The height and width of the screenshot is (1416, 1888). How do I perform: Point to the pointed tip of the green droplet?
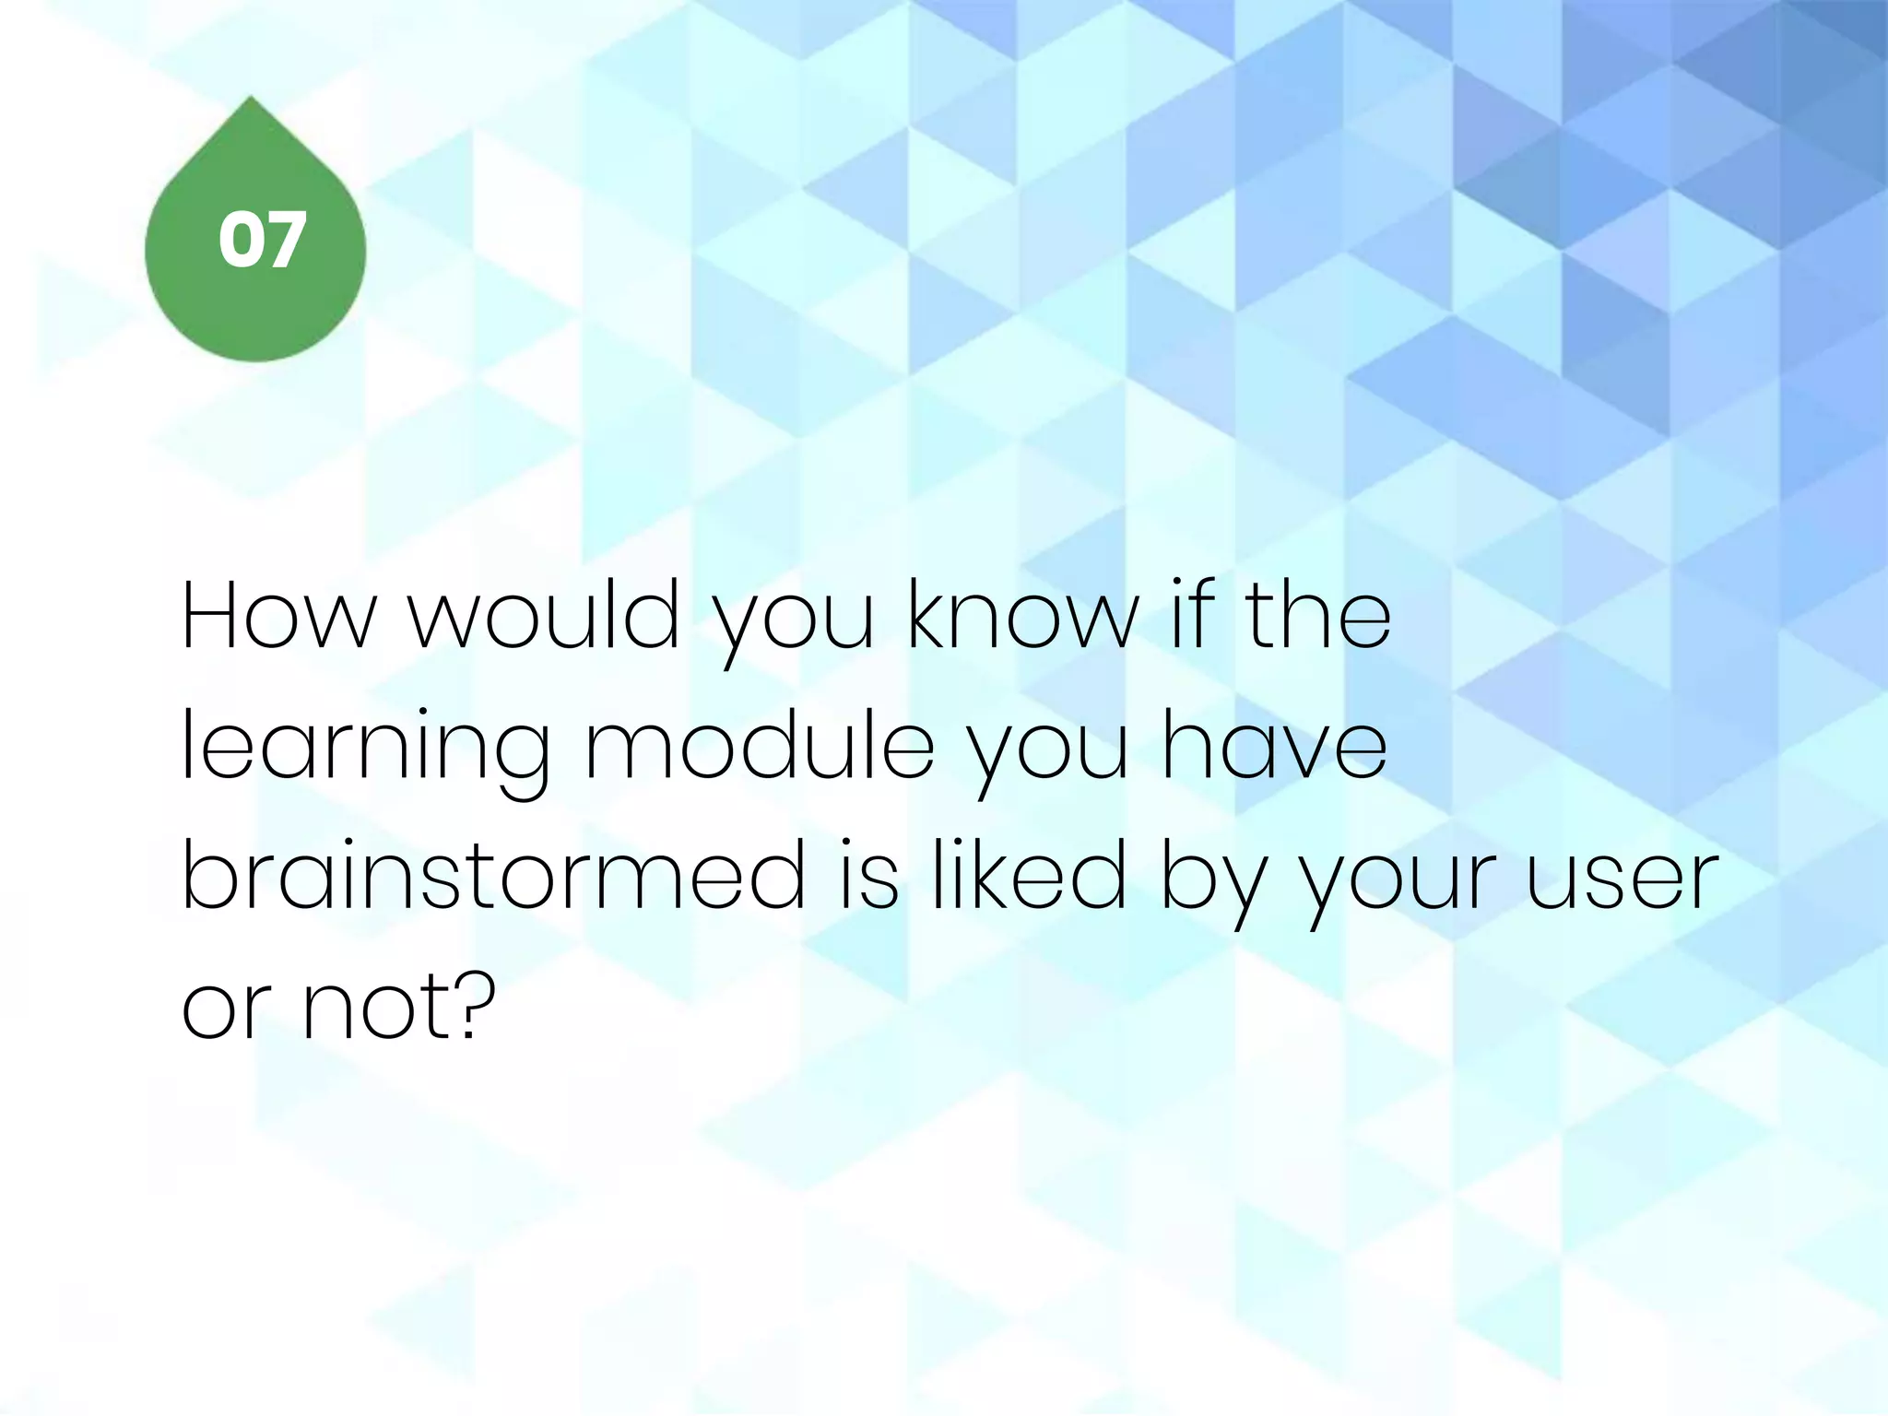click(x=253, y=98)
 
